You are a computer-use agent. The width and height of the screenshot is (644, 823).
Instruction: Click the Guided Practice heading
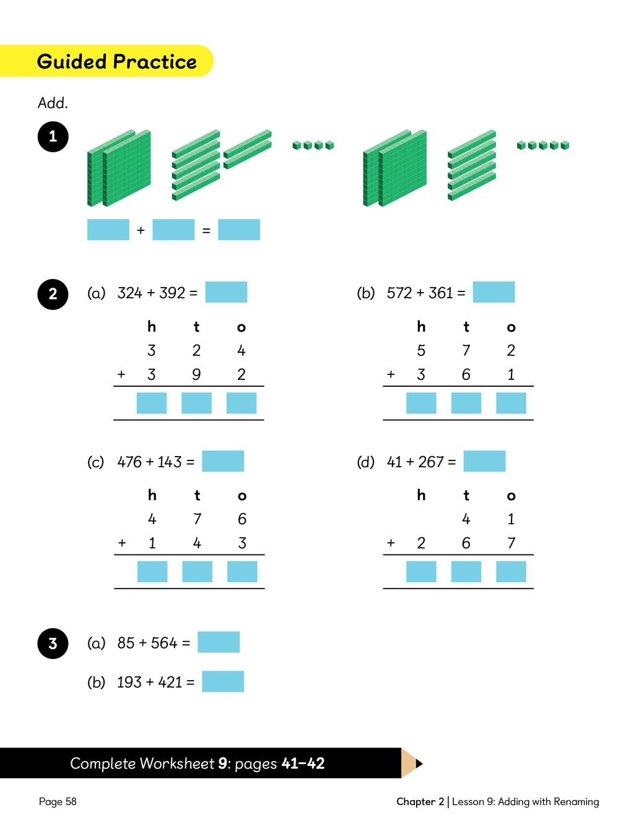116,61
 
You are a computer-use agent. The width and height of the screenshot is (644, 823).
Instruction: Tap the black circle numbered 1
53,137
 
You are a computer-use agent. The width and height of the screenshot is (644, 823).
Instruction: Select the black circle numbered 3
53,644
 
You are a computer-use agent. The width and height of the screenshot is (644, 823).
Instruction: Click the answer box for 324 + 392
226,292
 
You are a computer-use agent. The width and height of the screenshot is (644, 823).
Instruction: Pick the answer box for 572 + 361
494,292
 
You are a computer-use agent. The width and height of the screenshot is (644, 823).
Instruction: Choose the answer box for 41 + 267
484,461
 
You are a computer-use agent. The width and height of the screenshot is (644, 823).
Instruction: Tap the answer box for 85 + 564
219,642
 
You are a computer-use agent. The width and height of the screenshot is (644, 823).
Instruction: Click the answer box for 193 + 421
223,681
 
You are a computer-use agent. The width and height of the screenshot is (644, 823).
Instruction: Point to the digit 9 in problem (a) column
196,374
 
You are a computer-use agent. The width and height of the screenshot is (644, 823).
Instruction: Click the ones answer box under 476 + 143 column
242,572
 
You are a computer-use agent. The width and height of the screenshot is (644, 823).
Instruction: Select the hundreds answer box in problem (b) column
421,403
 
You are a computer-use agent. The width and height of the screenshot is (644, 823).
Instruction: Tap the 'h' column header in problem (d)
421,495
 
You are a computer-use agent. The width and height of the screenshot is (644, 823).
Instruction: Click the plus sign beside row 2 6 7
391,543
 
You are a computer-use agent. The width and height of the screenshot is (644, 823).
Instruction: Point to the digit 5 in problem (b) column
421,351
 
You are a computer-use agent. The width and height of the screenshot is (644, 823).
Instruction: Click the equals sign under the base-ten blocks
206,231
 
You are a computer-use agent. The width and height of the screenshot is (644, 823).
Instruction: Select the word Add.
53,103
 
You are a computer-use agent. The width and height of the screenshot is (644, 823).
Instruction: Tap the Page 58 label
58,801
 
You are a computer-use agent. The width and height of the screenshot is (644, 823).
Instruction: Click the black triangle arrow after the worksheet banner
419,764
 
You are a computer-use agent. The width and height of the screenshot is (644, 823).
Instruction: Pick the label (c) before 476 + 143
96,462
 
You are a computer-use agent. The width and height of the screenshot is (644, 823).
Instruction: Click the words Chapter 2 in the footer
420,801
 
